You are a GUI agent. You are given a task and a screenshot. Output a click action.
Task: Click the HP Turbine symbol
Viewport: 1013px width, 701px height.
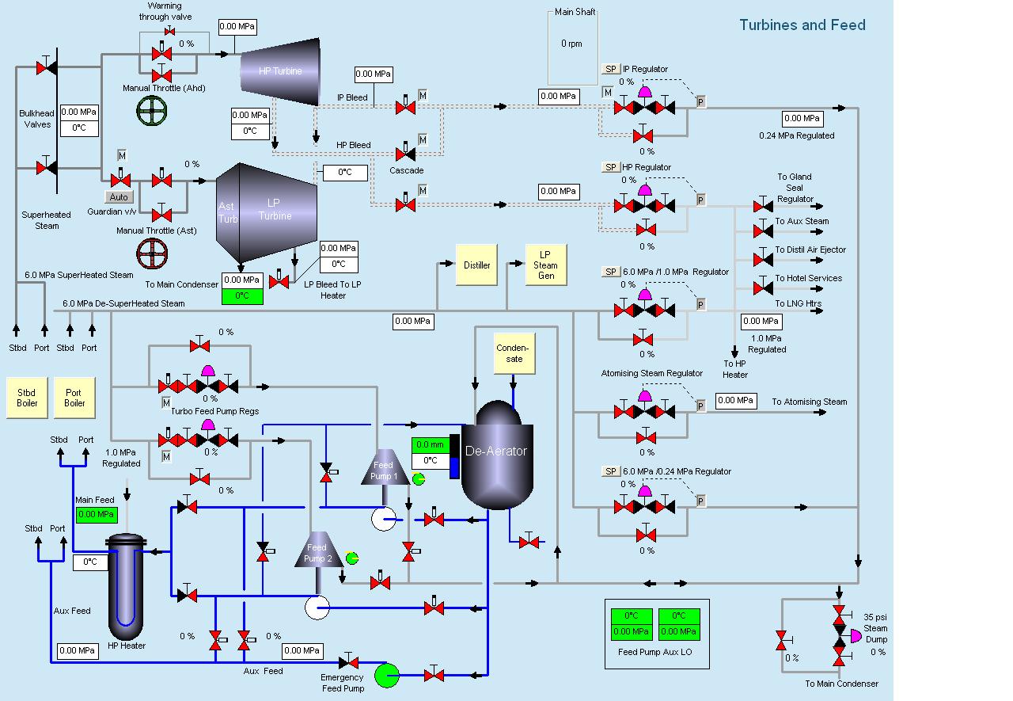(280, 70)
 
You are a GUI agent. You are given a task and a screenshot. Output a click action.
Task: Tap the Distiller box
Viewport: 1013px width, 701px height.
(476, 265)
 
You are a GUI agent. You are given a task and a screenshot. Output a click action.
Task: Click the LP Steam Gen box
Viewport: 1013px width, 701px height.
(545, 265)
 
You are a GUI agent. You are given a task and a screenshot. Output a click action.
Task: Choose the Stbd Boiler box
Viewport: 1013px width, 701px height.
(27, 398)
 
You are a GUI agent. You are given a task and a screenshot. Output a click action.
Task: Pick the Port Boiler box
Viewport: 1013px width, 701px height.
(74, 398)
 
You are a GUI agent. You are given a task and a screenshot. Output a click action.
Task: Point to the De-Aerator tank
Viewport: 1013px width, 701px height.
(497, 453)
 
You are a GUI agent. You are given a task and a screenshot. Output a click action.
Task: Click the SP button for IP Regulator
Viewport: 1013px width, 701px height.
(611, 69)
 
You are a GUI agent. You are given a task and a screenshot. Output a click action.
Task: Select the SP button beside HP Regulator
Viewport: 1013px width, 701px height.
(611, 167)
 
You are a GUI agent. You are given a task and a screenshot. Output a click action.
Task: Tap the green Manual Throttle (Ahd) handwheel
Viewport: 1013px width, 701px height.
(152, 112)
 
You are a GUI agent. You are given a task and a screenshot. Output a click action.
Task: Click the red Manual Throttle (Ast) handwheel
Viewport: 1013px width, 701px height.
(152, 253)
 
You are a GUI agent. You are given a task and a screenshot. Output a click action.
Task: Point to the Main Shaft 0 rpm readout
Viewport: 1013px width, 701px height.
(572, 44)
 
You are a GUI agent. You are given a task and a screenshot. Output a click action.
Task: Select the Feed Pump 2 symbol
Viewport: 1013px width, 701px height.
(317, 550)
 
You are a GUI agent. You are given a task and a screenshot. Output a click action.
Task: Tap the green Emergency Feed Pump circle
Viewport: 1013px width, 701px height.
(386, 676)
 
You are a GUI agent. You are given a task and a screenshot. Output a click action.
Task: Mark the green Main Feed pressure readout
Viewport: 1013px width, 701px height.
(97, 515)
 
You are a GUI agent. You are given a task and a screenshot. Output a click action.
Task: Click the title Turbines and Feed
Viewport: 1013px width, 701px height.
(802, 25)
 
